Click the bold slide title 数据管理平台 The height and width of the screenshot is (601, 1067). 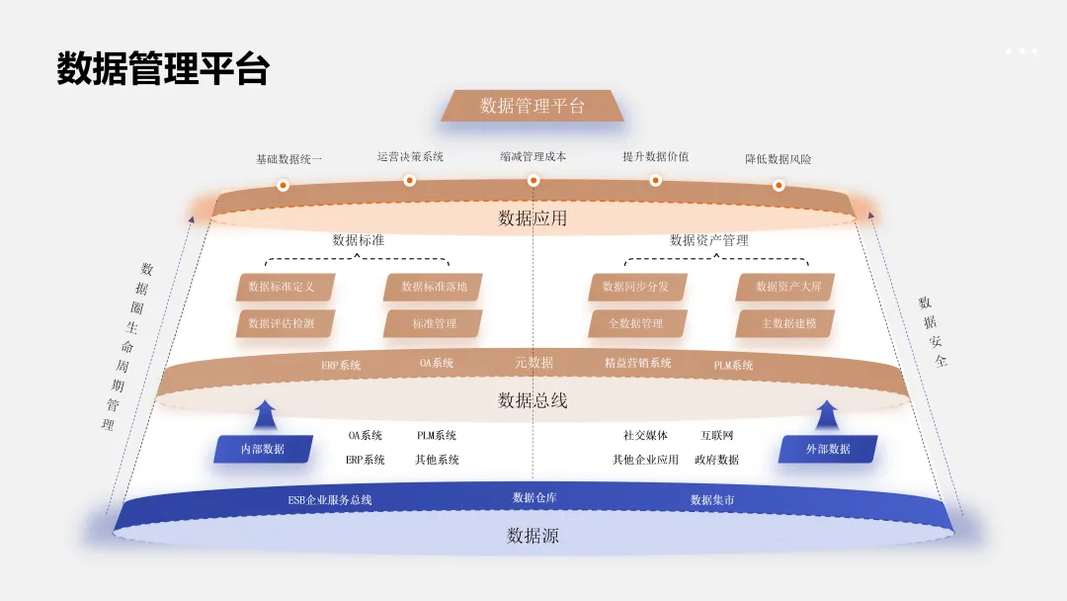pyautogui.click(x=163, y=70)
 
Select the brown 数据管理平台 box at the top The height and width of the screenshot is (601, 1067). pyautogui.click(x=533, y=106)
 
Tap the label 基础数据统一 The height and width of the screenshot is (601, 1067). pyautogui.click(x=288, y=158)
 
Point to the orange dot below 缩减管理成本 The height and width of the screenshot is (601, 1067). pyautogui.click(x=533, y=180)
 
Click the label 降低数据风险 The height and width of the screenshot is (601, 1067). pyautogui.click(x=779, y=158)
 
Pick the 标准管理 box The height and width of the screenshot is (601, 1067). pyautogui.click(x=433, y=323)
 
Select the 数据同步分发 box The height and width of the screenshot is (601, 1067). pyautogui.click(x=636, y=287)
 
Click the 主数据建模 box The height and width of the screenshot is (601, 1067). pyautogui.click(x=785, y=323)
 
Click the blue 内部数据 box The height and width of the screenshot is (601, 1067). pyautogui.click(x=263, y=449)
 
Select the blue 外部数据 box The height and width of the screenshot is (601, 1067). pyautogui.click(x=827, y=449)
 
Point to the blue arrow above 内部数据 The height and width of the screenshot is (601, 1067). pyautogui.click(x=264, y=415)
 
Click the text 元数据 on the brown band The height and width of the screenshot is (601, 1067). pyautogui.click(x=533, y=363)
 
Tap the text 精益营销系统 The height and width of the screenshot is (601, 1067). pyautogui.click(x=637, y=363)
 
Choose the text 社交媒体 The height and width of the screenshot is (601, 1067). pyautogui.click(x=645, y=435)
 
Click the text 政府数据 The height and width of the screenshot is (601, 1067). pyautogui.click(x=716, y=460)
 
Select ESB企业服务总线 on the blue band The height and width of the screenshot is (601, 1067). pyautogui.click(x=330, y=500)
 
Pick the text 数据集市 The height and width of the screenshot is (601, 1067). pyautogui.click(x=712, y=500)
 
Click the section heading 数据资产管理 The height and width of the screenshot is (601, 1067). pyautogui.click(x=708, y=240)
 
